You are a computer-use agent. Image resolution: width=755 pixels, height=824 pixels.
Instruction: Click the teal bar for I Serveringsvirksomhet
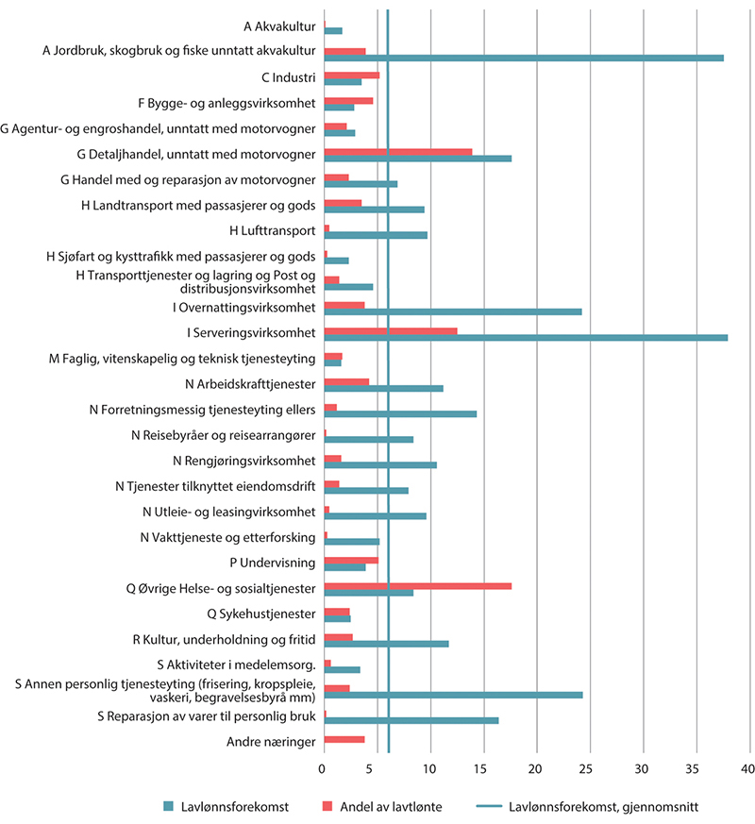point(526,337)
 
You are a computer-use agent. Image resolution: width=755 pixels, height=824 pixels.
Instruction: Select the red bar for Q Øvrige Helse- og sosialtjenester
point(418,586)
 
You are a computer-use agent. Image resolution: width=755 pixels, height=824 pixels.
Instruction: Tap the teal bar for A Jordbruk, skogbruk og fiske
point(524,58)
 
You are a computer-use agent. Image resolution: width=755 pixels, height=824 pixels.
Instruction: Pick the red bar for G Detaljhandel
point(398,151)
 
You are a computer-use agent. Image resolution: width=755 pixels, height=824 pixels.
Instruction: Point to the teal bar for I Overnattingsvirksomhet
point(453,311)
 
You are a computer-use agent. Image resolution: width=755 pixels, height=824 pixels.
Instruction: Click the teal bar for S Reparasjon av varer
point(411,720)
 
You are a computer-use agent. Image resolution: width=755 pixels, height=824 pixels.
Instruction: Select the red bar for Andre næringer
point(344,738)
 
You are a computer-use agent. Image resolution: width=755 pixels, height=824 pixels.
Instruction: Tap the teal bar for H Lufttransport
point(376,234)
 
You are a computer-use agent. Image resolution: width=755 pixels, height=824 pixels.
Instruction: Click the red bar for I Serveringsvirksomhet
point(391,331)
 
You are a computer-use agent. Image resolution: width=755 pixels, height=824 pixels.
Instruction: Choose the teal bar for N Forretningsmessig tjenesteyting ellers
point(400,413)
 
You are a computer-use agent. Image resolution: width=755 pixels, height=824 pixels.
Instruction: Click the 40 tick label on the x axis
point(748,768)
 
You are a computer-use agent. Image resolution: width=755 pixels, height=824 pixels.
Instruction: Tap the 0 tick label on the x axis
point(324,768)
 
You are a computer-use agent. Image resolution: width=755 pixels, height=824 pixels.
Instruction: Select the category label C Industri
point(288,77)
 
